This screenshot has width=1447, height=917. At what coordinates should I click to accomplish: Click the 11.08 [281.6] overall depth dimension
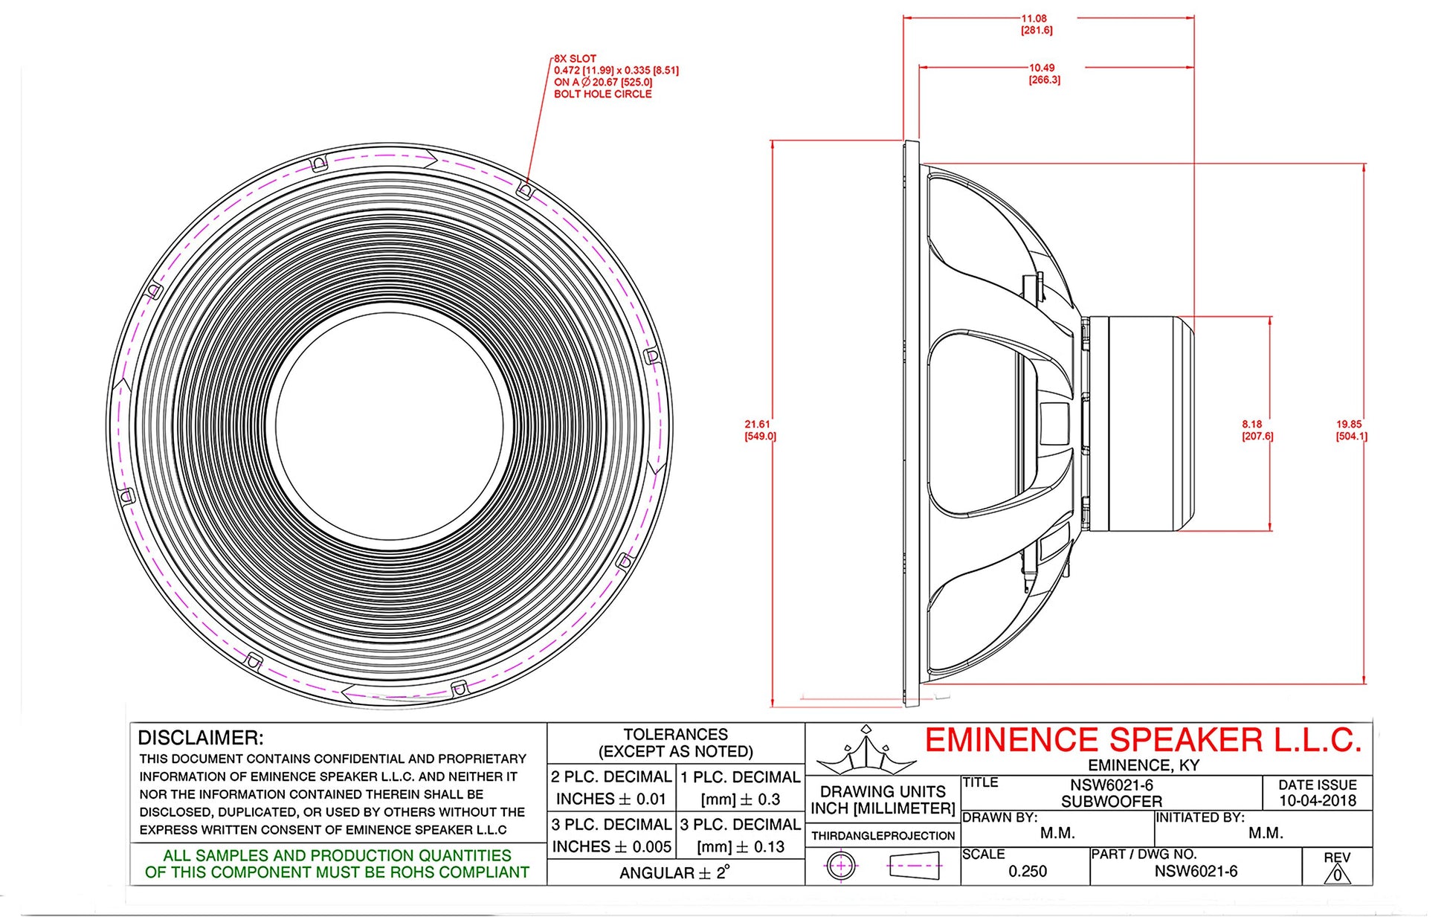(x=1036, y=25)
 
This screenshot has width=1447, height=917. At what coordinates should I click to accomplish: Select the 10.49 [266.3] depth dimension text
(x=1043, y=74)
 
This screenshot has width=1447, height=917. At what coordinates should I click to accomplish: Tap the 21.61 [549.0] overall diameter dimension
(x=759, y=430)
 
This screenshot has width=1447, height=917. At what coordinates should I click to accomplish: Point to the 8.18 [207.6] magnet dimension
(x=1257, y=430)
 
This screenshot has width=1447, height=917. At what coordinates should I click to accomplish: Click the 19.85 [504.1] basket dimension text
(x=1350, y=430)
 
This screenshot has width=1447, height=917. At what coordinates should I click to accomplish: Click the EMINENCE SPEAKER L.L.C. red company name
(x=1142, y=741)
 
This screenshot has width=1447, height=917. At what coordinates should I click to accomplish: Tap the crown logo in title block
(x=866, y=751)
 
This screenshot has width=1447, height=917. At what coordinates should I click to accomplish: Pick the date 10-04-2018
(x=1317, y=801)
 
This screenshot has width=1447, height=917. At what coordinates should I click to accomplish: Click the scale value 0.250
(x=1027, y=871)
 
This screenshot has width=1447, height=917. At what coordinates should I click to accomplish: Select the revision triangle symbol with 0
(x=1336, y=874)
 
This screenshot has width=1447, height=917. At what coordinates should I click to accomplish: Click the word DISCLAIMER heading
(x=201, y=738)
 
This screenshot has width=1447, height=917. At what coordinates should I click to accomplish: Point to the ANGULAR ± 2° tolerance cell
(x=674, y=872)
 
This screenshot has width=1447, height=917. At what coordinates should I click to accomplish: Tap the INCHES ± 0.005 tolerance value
(x=611, y=846)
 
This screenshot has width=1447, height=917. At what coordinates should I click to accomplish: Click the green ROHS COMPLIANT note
(x=337, y=864)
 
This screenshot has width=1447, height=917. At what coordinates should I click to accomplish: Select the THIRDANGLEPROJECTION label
(x=883, y=835)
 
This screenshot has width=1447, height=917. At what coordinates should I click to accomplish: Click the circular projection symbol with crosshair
(x=841, y=866)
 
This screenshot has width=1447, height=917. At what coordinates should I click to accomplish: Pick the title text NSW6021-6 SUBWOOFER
(x=1111, y=793)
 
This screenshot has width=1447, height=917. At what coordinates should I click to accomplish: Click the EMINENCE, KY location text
(x=1143, y=765)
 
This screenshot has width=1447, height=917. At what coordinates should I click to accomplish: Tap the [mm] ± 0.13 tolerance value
(x=741, y=846)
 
